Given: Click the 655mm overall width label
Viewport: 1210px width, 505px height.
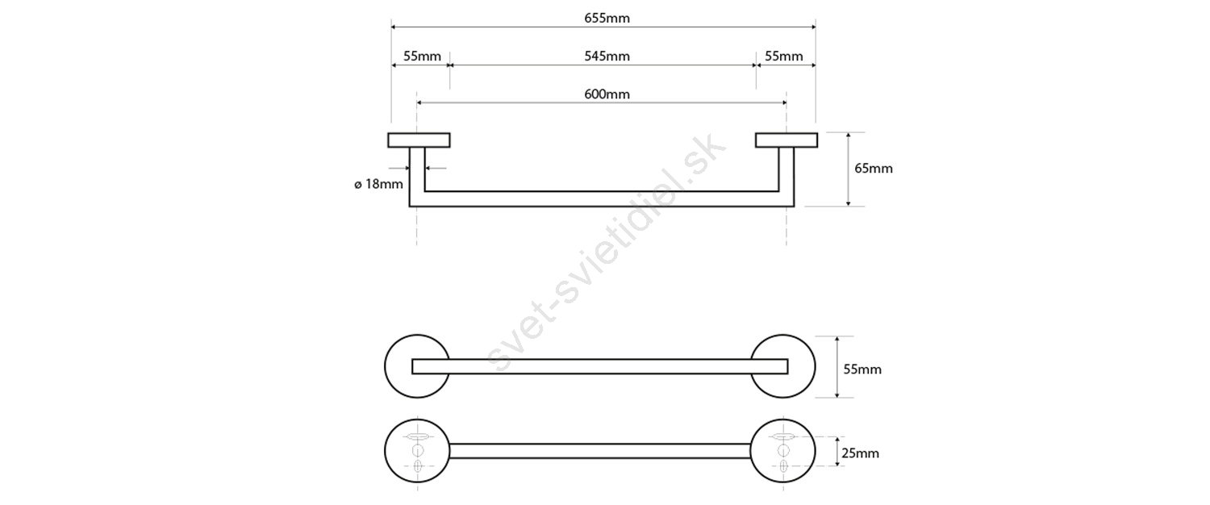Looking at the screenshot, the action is (x=607, y=19).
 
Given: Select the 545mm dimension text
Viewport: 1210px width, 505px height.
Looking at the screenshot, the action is (x=607, y=56).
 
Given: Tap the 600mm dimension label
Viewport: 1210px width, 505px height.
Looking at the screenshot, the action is (x=607, y=94).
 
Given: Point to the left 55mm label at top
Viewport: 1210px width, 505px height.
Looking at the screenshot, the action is (x=422, y=56).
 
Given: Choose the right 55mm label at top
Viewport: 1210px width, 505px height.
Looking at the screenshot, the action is (x=784, y=56).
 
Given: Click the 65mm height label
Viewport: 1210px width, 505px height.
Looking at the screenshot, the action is (x=874, y=169).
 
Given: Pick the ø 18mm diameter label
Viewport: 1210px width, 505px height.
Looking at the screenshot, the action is (x=378, y=184).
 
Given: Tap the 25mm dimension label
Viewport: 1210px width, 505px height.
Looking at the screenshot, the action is (x=860, y=453).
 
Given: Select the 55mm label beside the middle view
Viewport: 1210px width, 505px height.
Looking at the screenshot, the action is (x=862, y=369).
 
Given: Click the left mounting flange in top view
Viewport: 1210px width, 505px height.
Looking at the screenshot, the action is (x=419, y=140).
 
